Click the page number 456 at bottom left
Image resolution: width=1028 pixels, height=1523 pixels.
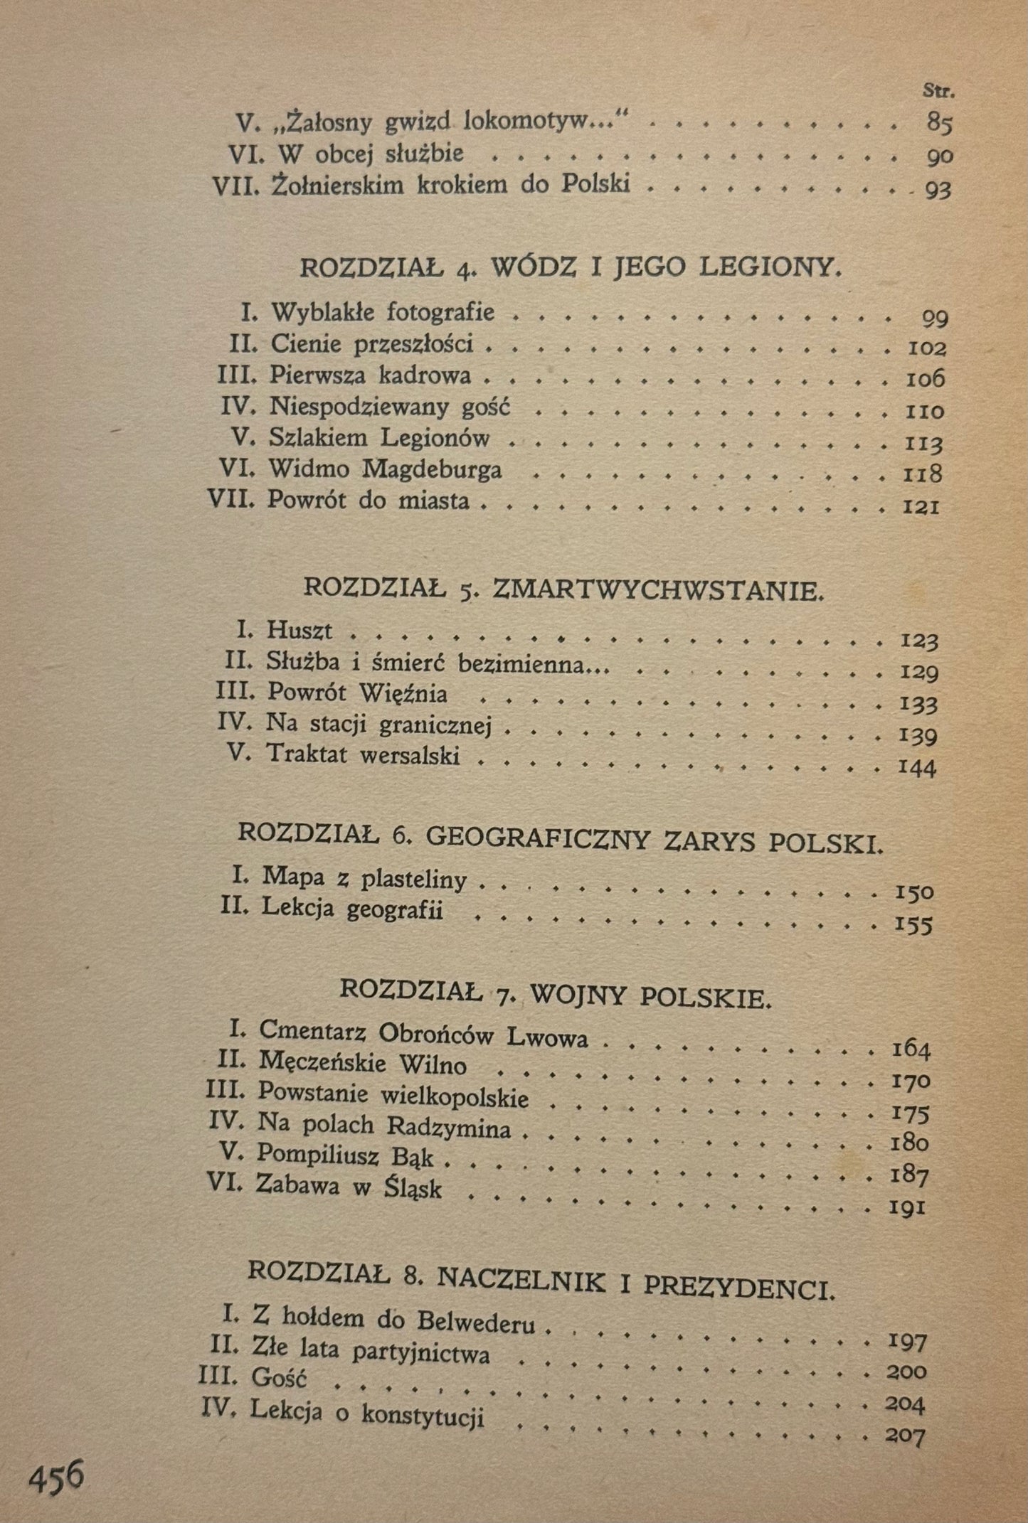[56, 1477]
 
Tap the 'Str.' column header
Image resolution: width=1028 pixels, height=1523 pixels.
[938, 91]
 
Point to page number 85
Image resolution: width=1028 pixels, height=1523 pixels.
[940, 124]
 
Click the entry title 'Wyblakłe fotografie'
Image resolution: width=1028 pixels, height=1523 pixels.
[383, 312]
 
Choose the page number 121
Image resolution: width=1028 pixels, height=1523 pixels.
[921, 507]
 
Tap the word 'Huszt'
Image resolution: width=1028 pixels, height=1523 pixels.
[300, 631]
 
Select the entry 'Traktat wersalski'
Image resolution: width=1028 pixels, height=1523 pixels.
[363, 754]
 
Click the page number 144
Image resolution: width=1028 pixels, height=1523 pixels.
[917, 767]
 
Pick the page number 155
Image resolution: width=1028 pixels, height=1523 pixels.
[913, 925]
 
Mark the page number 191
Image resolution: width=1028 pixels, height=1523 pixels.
[906, 1208]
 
